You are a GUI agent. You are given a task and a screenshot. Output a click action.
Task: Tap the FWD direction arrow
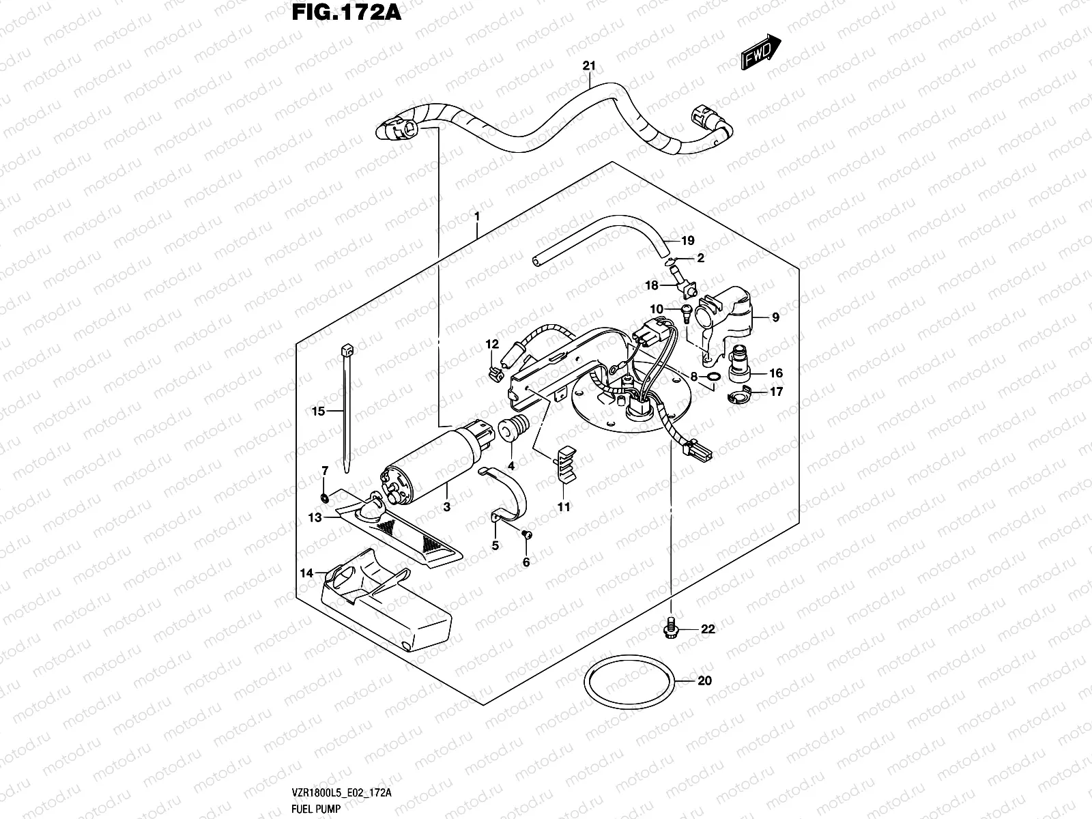[760, 53]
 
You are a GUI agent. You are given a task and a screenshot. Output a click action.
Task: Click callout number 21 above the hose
[590, 66]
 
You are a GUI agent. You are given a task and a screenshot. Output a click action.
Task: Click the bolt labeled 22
[670, 628]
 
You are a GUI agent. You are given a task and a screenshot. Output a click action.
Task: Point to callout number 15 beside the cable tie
[318, 411]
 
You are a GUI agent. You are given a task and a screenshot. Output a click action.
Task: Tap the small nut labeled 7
[326, 497]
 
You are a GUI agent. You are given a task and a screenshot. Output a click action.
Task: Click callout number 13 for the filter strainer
[315, 518]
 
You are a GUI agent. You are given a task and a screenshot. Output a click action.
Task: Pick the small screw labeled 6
[526, 535]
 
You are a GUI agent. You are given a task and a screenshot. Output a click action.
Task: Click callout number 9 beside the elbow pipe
[775, 317]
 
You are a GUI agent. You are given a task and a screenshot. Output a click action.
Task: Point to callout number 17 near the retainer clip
[776, 392]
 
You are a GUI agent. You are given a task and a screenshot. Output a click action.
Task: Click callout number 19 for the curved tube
[687, 240]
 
